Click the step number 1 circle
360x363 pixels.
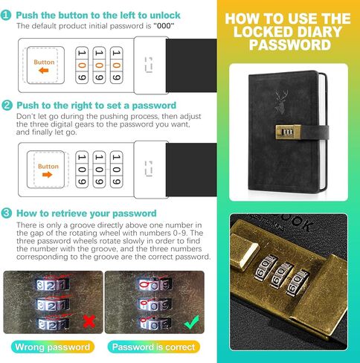[x=6, y=15]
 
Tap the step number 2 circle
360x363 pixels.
[x=7, y=106]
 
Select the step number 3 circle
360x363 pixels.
[x=6, y=213]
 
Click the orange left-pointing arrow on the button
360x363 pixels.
[x=44, y=71]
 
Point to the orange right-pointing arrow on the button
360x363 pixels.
[x=48, y=175]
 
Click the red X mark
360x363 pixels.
[x=89, y=321]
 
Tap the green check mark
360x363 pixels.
[x=191, y=322]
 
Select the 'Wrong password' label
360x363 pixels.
[x=53, y=347]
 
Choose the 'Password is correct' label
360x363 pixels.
[x=153, y=347]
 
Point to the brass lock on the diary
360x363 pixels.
[x=289, y=131]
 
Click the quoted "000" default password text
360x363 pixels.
[x=164, y=26]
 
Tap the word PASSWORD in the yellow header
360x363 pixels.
[x=290, y=45]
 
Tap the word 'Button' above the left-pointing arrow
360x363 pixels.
[x=44, y=62]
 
